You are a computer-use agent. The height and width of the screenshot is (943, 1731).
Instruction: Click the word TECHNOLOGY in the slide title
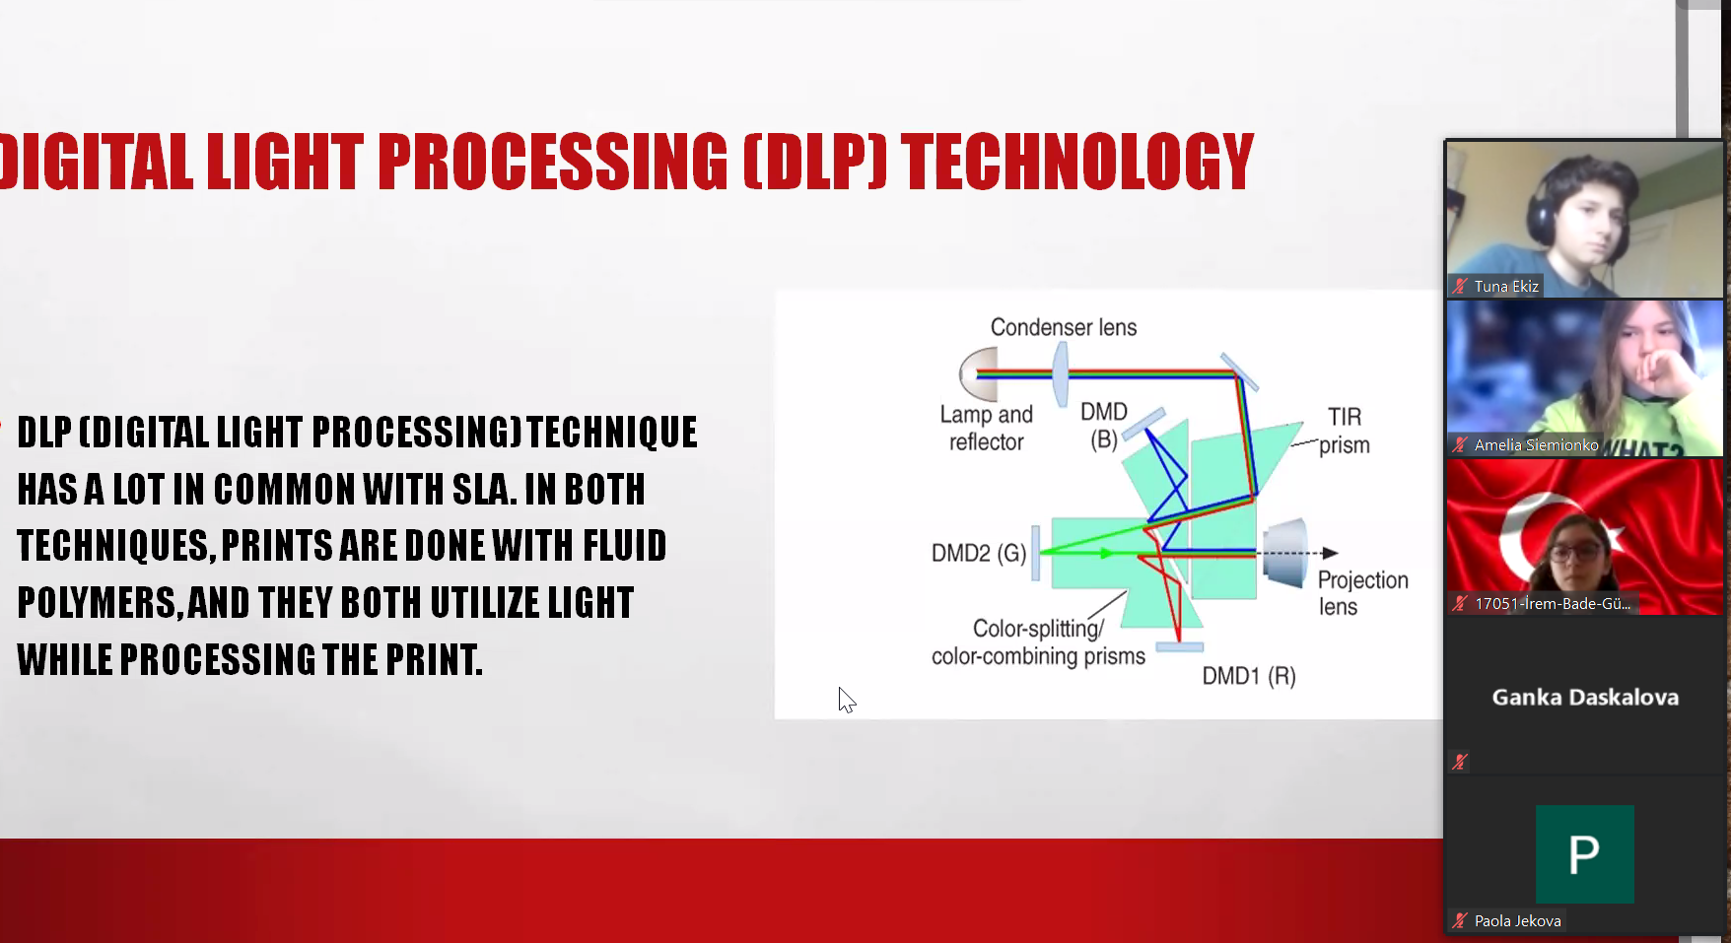(x=1077, y=162)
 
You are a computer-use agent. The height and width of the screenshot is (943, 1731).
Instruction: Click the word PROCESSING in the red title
(x=553, y=162)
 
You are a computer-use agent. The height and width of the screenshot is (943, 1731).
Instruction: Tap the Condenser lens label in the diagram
(x=1064, y=327)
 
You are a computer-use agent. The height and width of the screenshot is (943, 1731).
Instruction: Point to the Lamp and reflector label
(x=986, y=429)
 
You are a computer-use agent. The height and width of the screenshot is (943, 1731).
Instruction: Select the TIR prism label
(x=1345, y=431)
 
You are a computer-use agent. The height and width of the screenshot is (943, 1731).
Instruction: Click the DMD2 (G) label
(x=979, y=553)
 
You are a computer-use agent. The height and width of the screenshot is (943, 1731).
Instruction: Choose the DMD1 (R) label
(x=1249, y=676)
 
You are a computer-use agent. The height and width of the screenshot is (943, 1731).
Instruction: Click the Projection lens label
(x=1362, y=593)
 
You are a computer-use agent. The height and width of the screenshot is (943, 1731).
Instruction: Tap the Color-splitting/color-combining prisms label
(x=1038, y=642)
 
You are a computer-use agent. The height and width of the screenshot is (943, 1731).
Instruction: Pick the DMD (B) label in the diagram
(x=1104, y=426)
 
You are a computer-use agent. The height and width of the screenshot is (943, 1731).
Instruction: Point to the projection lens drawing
(x=1285, y=553)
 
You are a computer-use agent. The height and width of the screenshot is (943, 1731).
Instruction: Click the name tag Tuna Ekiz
(x=1506, y=286)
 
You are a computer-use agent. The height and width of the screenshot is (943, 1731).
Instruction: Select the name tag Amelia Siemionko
(x=1536, y=445)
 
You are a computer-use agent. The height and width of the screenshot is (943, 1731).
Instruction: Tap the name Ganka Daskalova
(x=1585, y=698)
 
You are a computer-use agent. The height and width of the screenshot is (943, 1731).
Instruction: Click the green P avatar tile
(x=1584, y=854)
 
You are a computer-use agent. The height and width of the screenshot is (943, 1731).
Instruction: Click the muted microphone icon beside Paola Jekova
(x=1460, y=920)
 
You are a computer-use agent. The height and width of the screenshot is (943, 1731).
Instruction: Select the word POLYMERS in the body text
(x=100, y=603)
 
